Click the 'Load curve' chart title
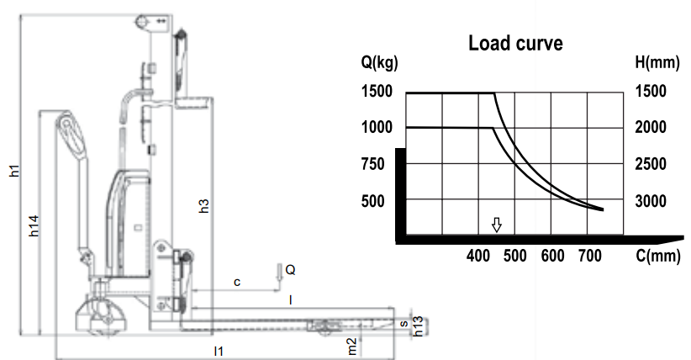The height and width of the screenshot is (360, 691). (x=515, y=43)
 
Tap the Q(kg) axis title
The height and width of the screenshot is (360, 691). (x=379, y=62)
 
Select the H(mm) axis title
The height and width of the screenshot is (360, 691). (x=657, y=62)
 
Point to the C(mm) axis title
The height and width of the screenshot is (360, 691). (x=658, y=256)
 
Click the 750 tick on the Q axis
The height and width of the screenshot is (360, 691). (x=373, y=164)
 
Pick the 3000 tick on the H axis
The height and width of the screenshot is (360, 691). (x=651, y=201)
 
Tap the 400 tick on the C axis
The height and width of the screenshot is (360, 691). (x=478, y=256)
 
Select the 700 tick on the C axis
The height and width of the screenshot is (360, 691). (x=590, y=256)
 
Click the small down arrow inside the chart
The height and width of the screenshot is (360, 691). (x=497, y=225)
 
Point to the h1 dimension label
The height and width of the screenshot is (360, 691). (x=14, y=171)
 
